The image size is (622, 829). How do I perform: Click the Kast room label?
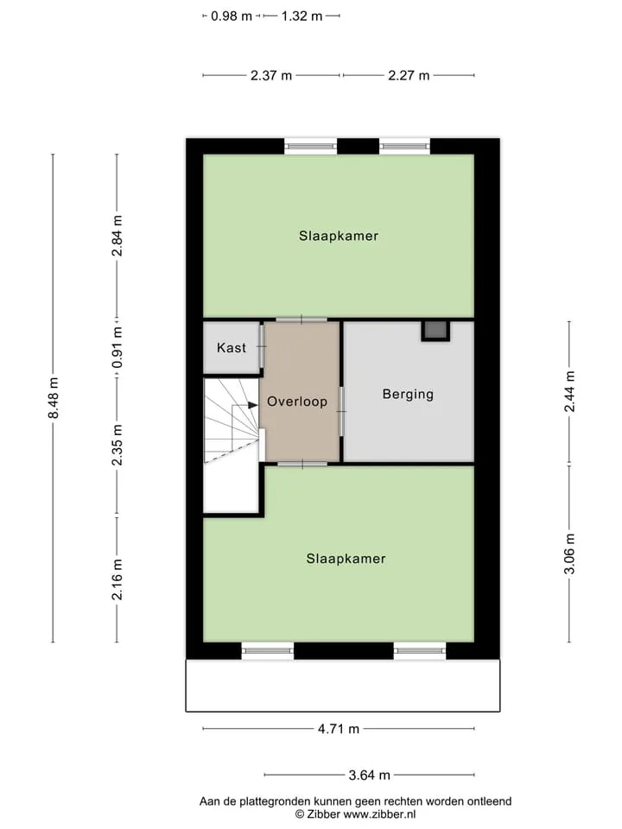[x=232, y=348]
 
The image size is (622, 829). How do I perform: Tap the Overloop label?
[x=297, y=402]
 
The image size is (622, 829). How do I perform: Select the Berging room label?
[x=408, y=395]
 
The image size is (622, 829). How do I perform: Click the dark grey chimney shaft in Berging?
[x=435, y=331]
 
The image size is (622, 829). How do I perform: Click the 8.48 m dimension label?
[x=54, y=398]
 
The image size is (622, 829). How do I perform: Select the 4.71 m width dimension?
[x=339, y=729]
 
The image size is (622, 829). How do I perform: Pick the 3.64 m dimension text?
[x=369, y=775]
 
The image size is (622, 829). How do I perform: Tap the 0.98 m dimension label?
[x=232, y=16]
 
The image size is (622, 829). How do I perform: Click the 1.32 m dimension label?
[x=301, y=16]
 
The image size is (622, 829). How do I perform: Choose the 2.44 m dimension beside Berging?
[x=569, y=392]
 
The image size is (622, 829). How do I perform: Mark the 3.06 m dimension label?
[x=569, y=554]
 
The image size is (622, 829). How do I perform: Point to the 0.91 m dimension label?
[x=117, y=347]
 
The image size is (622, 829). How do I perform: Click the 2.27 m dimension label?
[x=409, y=76]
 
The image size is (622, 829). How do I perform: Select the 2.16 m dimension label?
[x=117, y=579]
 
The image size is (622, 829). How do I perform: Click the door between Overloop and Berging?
[x=342, y=412]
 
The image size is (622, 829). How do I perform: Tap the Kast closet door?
[x=262, y=347]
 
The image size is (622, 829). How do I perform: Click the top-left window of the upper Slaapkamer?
[x=310, y=146]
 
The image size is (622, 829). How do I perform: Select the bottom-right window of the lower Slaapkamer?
[x=420, y=650]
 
